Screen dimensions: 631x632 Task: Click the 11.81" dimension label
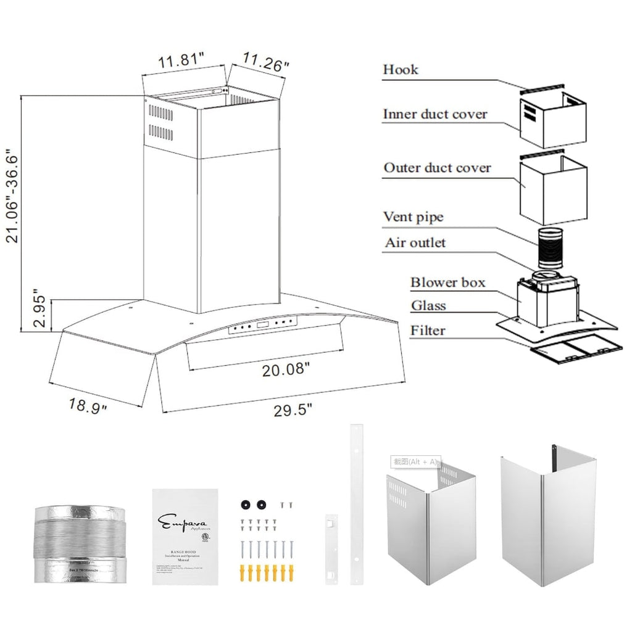(x=181, y=60)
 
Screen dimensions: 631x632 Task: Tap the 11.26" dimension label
(x=265, y=62)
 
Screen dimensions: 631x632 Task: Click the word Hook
(x=400, y=69)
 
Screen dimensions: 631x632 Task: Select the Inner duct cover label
(x=434, y=114)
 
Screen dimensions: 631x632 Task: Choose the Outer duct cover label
(x=437, y=168)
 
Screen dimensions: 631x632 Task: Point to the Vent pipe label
(x=413, y=217)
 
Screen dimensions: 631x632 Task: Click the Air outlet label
(x=415, y=242)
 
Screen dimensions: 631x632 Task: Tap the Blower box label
(x=447, y=283)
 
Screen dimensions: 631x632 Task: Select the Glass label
(x=428, y=305)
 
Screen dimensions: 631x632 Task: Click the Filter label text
(x=428, y=331)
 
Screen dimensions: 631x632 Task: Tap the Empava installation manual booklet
(x=185, y=537)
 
